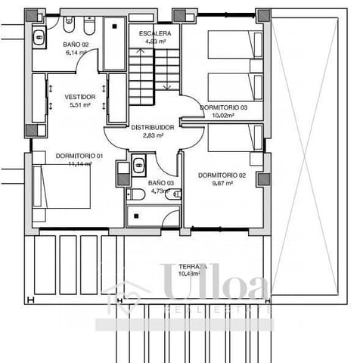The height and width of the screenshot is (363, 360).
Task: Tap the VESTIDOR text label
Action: point(79,97)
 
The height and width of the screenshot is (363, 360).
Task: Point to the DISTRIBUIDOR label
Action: point(153,127)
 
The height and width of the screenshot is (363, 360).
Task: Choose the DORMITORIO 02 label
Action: point(222,175)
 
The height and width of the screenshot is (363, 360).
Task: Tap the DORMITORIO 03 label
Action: point(225,108)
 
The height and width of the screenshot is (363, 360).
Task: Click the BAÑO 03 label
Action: point(160,183)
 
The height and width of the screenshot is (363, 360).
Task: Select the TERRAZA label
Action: point(194,267)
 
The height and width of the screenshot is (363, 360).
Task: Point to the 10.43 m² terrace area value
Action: point(194,275)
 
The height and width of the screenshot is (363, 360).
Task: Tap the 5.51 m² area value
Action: point(79,105)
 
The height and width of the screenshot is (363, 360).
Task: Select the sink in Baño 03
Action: point(139,166)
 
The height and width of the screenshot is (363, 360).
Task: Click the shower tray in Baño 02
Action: point(113,44)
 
